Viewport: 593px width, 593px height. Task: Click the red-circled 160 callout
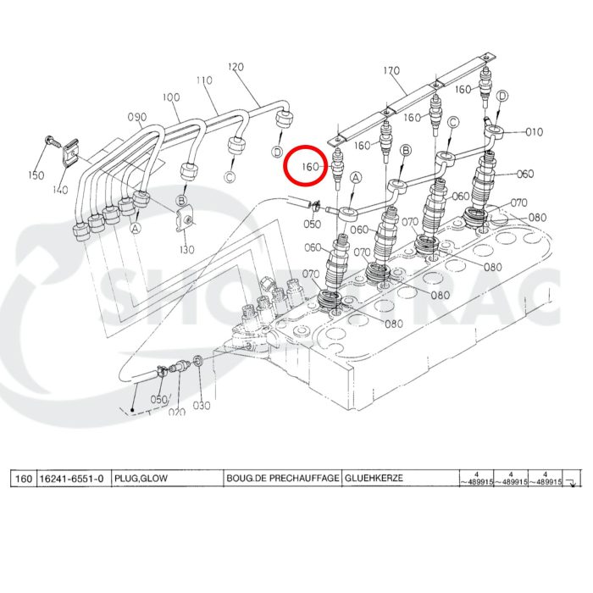pos(310,167)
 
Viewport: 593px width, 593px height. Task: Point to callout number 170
pos(391,70)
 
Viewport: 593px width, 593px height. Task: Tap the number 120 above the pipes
pos(236,67)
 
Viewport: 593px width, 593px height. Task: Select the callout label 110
pos(204,80)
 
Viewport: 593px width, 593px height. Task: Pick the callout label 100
pos(171,97)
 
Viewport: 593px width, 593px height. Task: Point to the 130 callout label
pos(186,249)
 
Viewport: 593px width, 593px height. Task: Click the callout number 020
pos(175,412)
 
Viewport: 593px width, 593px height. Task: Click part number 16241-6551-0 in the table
pos(72,479)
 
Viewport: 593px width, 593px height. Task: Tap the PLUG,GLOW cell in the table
pos(141,479)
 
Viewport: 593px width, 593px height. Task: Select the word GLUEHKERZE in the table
pos(374,479)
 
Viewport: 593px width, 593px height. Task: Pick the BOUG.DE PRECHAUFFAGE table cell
pos(282,479)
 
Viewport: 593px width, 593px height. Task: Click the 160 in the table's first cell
pos(23,479)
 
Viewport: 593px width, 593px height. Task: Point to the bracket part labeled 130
pos(186,221)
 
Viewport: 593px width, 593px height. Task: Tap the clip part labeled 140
pos(74,152)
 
